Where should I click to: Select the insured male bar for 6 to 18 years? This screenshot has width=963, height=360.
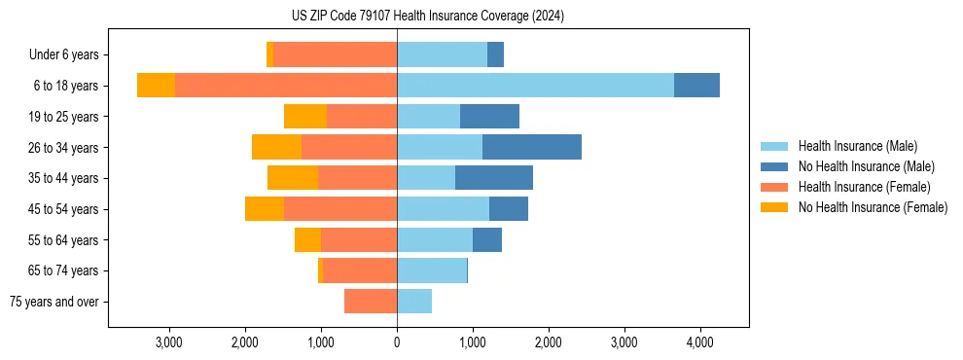(x=535, y=86)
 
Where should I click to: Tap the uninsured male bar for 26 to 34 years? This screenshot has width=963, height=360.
(x=532, y=147)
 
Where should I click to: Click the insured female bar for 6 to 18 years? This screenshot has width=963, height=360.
(x=286, y=86)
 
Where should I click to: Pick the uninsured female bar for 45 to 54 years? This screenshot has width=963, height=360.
(x=265, y=209)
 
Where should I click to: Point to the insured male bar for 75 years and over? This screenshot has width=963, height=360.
(x=414, y=302)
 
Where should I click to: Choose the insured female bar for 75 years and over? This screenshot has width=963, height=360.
(x=371, y=302)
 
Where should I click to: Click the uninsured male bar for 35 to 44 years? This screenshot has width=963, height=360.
(x=494, y=178)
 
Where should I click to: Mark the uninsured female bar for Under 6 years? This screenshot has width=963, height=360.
(x=269, y=55)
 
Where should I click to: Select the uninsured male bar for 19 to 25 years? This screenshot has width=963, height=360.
(x=489, y=117)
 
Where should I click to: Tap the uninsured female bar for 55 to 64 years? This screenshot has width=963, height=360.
(x=307, y=240)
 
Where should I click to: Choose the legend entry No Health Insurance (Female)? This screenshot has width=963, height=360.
(x=873, y=207)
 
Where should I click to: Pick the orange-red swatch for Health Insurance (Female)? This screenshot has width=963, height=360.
(x=775, y=187)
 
